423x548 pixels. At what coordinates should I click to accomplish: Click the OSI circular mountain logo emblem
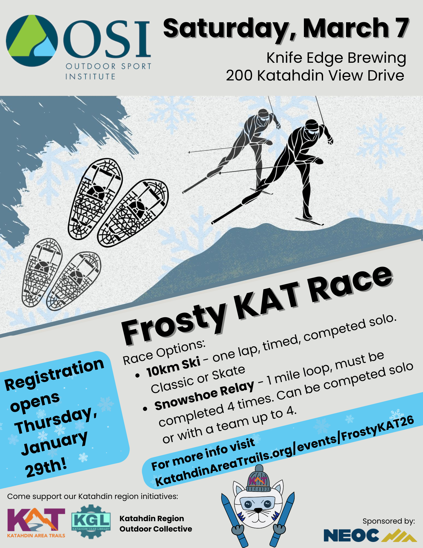point(32,41)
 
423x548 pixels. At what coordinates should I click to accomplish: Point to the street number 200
point(239,76)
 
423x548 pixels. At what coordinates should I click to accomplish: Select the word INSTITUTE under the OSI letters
point(90,76)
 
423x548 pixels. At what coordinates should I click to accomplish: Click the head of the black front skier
point(312,127)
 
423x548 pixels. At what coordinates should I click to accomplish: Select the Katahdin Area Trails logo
point(36,523)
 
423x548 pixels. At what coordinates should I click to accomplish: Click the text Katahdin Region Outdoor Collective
point(156,524)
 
